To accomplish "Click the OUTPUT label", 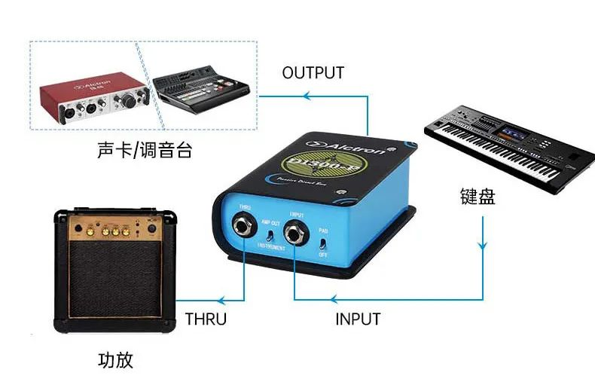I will tap(313, 73).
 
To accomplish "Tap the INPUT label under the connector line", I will tap(357, 319).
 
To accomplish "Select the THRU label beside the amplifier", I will tap(206, 319).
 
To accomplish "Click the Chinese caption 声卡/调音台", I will tap(145, 150).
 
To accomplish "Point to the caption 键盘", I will tap(478, 197).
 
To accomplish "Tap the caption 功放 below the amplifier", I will tap(116, 359).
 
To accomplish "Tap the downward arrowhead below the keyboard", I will tap(482, 245).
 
